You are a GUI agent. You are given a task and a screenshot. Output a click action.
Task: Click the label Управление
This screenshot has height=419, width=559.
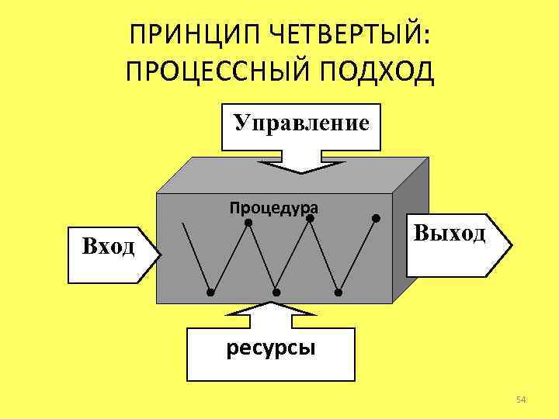301,123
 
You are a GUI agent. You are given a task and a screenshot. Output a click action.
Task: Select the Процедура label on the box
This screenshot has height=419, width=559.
274,207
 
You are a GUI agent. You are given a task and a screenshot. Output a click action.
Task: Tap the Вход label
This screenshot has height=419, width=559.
108,247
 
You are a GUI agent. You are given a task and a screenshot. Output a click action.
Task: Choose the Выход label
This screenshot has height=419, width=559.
450,232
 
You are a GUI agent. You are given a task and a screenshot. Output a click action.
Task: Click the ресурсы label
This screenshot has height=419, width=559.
270,347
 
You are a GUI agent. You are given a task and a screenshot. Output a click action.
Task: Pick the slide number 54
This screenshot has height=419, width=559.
521,400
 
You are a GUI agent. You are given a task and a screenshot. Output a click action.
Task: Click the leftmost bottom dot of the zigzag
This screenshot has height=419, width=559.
210,293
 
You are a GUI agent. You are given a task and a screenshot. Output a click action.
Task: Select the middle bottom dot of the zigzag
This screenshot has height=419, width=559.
276,293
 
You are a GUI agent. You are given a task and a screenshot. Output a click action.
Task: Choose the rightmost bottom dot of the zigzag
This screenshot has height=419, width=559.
339,293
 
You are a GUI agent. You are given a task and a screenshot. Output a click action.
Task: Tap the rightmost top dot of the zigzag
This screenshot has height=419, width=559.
376,217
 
